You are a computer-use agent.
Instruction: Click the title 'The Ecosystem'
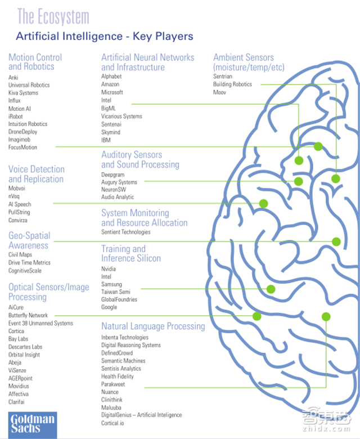pyautogui.click(x=53, y=16)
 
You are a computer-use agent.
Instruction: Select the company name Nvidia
pyautogui.click(x=109, y=268)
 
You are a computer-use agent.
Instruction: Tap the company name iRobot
pyautogui.click(x=16, y=117)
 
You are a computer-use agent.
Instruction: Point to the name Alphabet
pyautogui.click(x=111, y=76)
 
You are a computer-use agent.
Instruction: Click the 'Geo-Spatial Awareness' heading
pyautogui.click(x=29, y=240)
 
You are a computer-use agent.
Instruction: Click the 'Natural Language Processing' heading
pyautogui.click(x=153, y=326)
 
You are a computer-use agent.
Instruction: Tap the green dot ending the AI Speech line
pyautogui.click(x=263, y=203)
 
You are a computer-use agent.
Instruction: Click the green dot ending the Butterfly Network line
pyautogui.click(x=257, y=316)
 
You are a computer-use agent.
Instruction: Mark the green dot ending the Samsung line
pyautogui.click(x=271, y=289)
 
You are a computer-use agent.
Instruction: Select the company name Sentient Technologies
pyautogui.click(x=126, y=232)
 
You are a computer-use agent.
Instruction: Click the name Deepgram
pyautogui.click(x=113, y=174)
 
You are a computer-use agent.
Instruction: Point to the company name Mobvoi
pyautogui.click(x=17, y=188)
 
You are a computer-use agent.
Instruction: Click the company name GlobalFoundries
pyautogui.click(x=119, y=299)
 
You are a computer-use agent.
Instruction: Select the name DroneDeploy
pyautogui.click(x=23, y=132)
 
